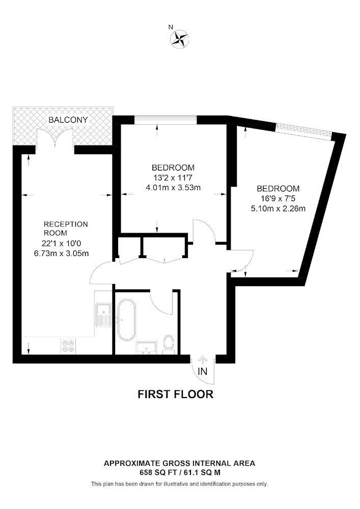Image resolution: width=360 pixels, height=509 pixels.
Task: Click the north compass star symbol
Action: [x=180, y=40]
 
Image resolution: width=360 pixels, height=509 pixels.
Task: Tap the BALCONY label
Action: [x=68, y=120]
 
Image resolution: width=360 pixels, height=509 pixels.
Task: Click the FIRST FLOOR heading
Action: [x=176, y=394]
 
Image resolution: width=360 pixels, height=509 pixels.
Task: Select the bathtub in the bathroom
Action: [x=126, y=320]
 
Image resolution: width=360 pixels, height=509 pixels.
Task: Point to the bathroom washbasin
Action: [x=147, y=347]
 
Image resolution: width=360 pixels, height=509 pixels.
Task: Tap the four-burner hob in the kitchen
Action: [x=68, y=346]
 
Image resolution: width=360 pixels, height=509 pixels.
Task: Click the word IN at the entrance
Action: [x=203, y=372]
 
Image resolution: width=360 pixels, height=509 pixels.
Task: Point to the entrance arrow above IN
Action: [x=203, y=360]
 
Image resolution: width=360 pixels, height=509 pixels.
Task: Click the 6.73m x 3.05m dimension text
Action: [x=61, y=253]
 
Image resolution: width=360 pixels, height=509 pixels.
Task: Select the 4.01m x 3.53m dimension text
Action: [x=173, y=187]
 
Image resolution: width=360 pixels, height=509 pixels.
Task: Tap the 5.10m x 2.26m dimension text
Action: [x=278, y=208]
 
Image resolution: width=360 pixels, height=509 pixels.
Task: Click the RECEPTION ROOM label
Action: [x=66, y=229]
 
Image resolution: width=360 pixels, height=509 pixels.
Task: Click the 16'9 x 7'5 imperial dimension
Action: [x=278, y=199]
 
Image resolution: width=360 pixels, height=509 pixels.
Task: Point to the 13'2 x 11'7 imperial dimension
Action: [x=173, y=178]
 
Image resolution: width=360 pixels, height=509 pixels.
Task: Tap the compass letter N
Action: [x=171, y=27]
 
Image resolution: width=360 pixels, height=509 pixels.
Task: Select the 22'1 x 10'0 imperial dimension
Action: [x=61, y=243]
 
